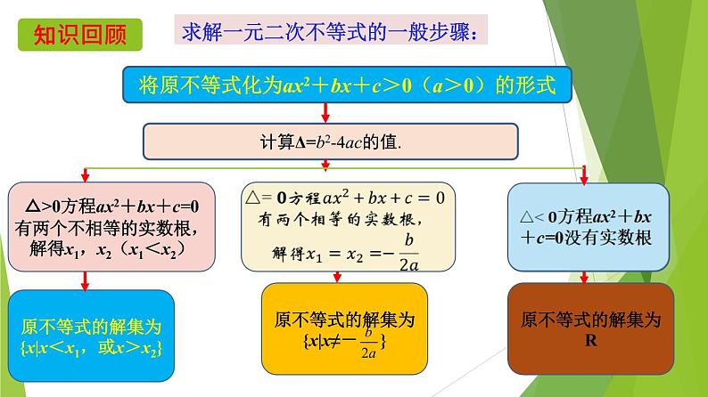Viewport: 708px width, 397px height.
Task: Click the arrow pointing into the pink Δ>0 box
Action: pos(86,174)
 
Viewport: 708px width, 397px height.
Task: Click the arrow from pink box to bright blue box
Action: pos(85,281)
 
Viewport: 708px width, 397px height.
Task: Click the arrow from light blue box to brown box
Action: pos(584,278)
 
